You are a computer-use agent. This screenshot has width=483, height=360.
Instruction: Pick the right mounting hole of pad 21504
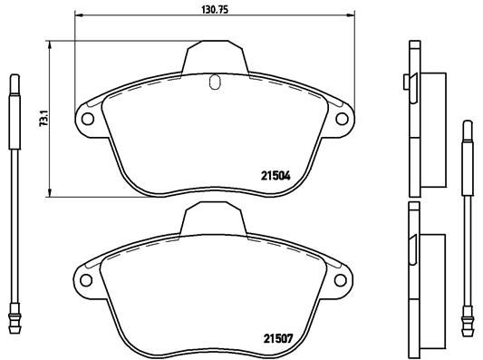pyautogui.click(x=343, y=118)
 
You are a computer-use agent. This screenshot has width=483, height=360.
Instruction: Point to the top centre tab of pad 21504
pyautogui.click(x=215, y=57)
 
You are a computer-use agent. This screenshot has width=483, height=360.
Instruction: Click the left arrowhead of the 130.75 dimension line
pyautogui.click(x=75, y=16)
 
